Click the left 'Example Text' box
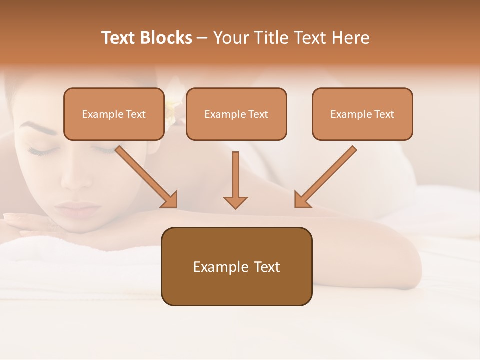[x=114, y=114]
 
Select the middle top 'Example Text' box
[x=236, y=114]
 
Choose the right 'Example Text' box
[x=362, y=114]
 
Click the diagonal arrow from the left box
[x=146, y=176]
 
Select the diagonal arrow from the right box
[x=325, y=176]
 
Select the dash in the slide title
[x=202, y=38]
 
